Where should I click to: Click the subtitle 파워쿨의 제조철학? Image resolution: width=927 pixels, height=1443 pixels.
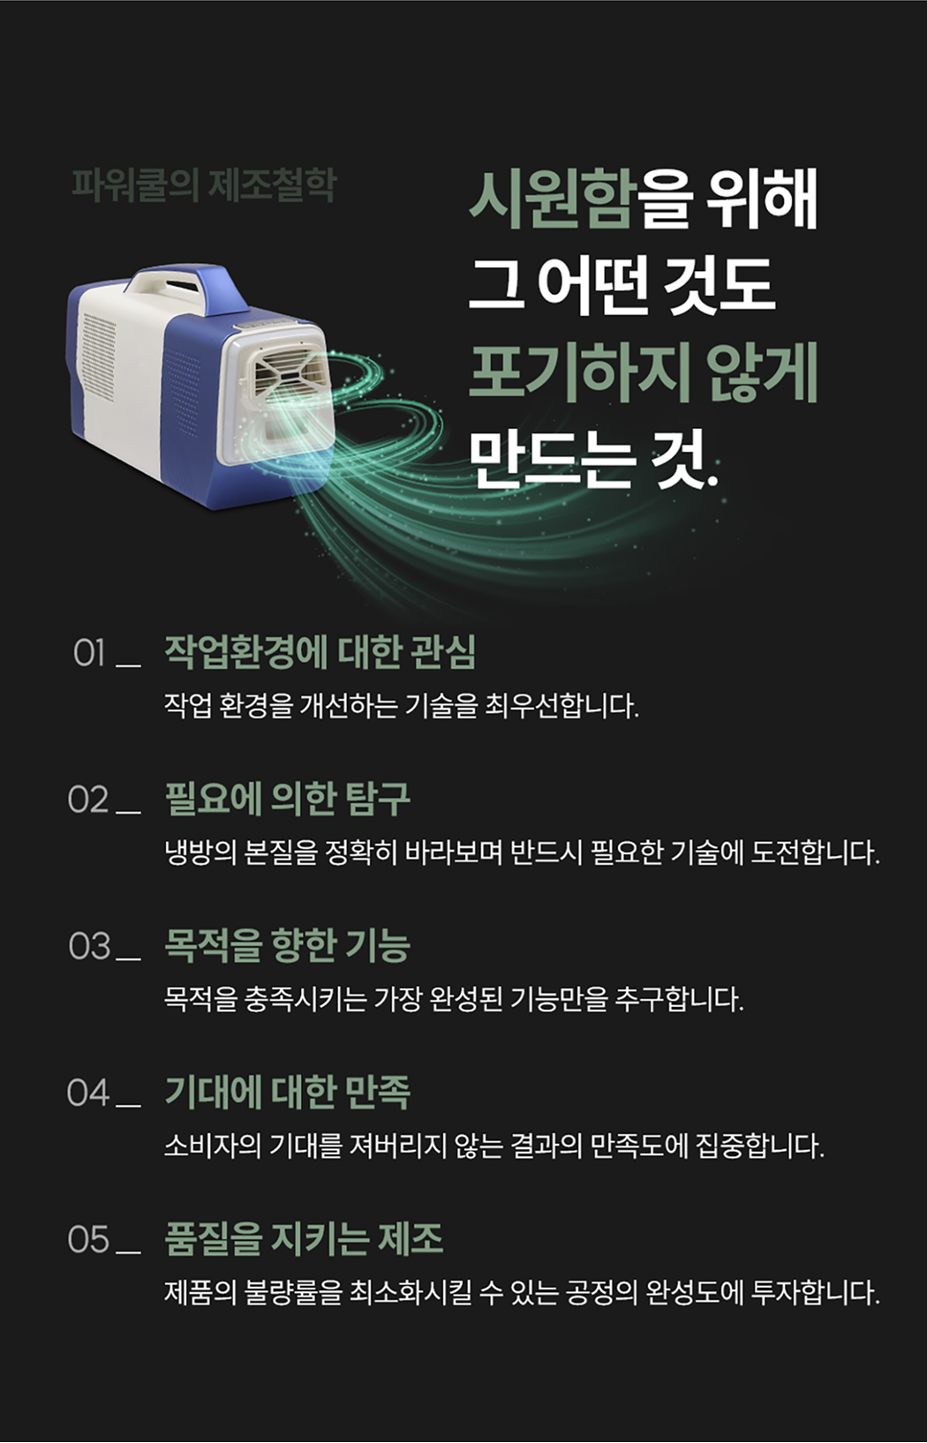204,185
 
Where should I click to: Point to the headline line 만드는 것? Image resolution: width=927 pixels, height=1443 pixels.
592,460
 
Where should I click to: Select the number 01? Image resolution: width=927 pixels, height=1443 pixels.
89,653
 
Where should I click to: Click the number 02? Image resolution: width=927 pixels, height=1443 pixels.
88,800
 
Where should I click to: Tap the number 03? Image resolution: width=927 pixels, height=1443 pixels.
89,946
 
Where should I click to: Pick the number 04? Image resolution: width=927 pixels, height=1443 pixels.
88,1093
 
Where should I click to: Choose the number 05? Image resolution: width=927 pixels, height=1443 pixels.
88,1239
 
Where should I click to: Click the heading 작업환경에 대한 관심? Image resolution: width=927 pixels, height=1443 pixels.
320,652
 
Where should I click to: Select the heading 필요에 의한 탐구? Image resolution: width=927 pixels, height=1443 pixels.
287,799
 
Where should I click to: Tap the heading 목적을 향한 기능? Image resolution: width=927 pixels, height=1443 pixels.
287,946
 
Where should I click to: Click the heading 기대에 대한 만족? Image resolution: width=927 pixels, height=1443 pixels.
287,1092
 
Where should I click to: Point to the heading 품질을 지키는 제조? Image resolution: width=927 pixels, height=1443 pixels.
304,1239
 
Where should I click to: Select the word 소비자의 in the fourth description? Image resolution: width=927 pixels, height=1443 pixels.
213,1146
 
